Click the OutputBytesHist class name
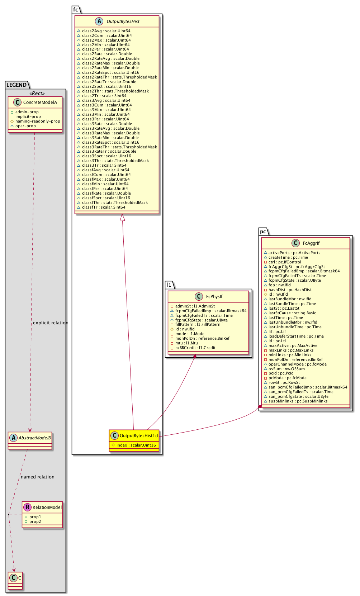coord(123,22)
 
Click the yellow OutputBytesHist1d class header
coord(138,435)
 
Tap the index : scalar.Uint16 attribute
coord(136,445)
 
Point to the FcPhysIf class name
coord(214,296)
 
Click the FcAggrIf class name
coord(311,243)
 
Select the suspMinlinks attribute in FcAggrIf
coord(298,401)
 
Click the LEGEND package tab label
coord(16,85)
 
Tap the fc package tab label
coord(76,10)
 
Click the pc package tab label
coord(263,232)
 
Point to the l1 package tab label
coord(169,285)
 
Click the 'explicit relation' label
coord(51,323)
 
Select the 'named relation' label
coord(38,477)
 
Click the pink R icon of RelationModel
coord(27,507)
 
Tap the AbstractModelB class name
coord(34,438)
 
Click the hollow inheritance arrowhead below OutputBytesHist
coord(122,218)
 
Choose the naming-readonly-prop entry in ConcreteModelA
coord(38,121)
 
